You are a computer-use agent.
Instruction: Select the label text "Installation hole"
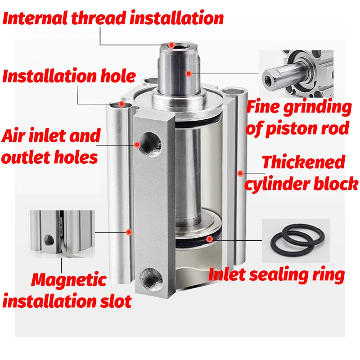click(69, 76)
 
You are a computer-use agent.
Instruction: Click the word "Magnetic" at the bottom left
click(69, 280)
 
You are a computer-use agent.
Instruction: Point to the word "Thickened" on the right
click(303, 162)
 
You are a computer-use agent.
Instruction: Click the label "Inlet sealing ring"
click(276, 274)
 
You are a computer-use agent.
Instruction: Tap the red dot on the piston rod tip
click(171, 45)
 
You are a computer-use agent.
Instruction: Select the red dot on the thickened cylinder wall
click(240, 172)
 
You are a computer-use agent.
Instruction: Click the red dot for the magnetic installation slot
click(129, 232)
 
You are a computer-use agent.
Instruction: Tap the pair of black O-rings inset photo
click(296, 241)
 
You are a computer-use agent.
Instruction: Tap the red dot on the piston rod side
click(189, 73)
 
